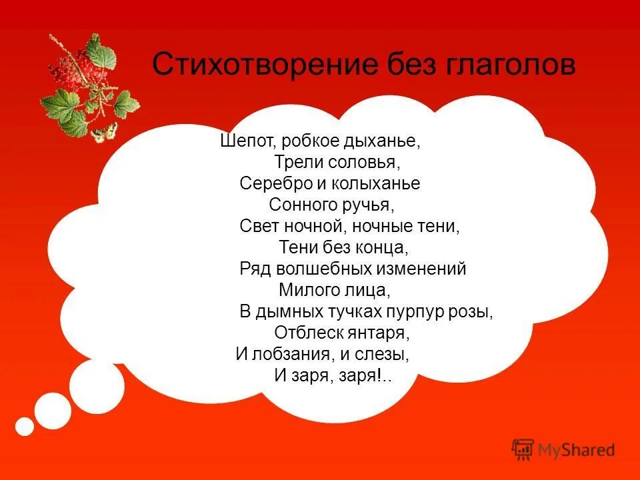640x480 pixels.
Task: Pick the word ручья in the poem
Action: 381,205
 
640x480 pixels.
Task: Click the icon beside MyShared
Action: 523,449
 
